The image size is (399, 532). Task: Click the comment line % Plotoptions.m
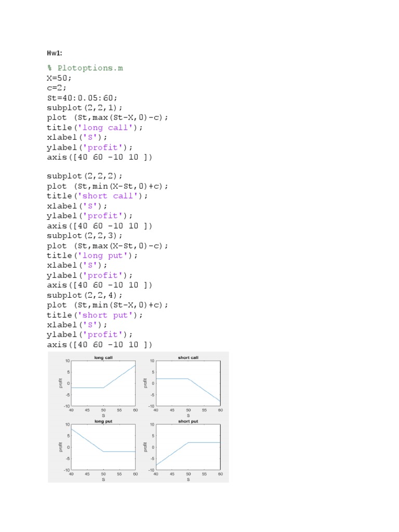[x=85, y=68]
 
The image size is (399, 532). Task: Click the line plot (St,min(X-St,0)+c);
[x=114, y=186]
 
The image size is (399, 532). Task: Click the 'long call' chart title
[x=103, y=357]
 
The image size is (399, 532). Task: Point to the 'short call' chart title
[x=188, y=357]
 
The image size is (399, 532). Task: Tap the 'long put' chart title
[x=103, y=421]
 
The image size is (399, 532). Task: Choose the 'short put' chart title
[x=188, y=421]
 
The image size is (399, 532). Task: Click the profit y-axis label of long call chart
[x=61, y=383]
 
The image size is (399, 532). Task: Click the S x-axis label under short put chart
[x=188, y=480]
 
